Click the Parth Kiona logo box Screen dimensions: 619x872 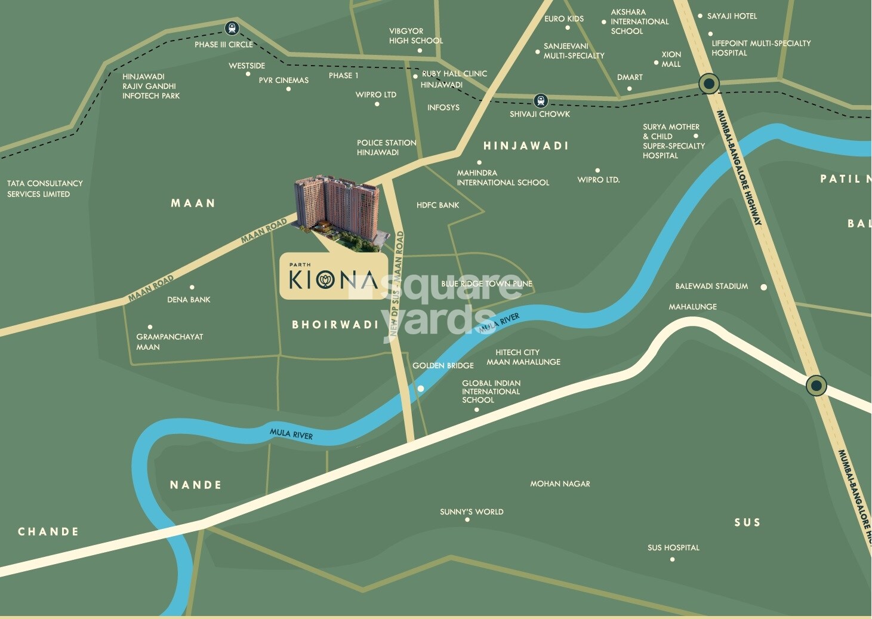coord(333,276)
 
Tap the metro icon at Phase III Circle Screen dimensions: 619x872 coord(232,28)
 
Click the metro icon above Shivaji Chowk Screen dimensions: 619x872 coord(541,100)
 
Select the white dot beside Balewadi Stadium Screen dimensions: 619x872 coord(763,287)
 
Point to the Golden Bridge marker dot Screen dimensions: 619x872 coord(421,389)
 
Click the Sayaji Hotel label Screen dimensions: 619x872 coord(732,16)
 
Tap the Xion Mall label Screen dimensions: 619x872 coord(671,59)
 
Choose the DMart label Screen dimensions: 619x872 coord(630,77)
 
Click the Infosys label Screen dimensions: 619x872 coord(443,107)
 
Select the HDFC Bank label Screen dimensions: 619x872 coord(437,205)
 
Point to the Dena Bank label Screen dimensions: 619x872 coord(189,300)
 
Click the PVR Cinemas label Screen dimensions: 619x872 coord(284,80)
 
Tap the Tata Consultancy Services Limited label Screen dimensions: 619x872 coord(45,189)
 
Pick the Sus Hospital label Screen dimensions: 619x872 coord(673,547)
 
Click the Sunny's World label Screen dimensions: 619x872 coord(472,512)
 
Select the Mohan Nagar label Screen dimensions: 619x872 coord(560,484)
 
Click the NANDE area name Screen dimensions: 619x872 coord(196,485)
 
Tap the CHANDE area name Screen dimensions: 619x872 coord(48,531)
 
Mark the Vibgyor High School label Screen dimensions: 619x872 coord(415,36)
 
